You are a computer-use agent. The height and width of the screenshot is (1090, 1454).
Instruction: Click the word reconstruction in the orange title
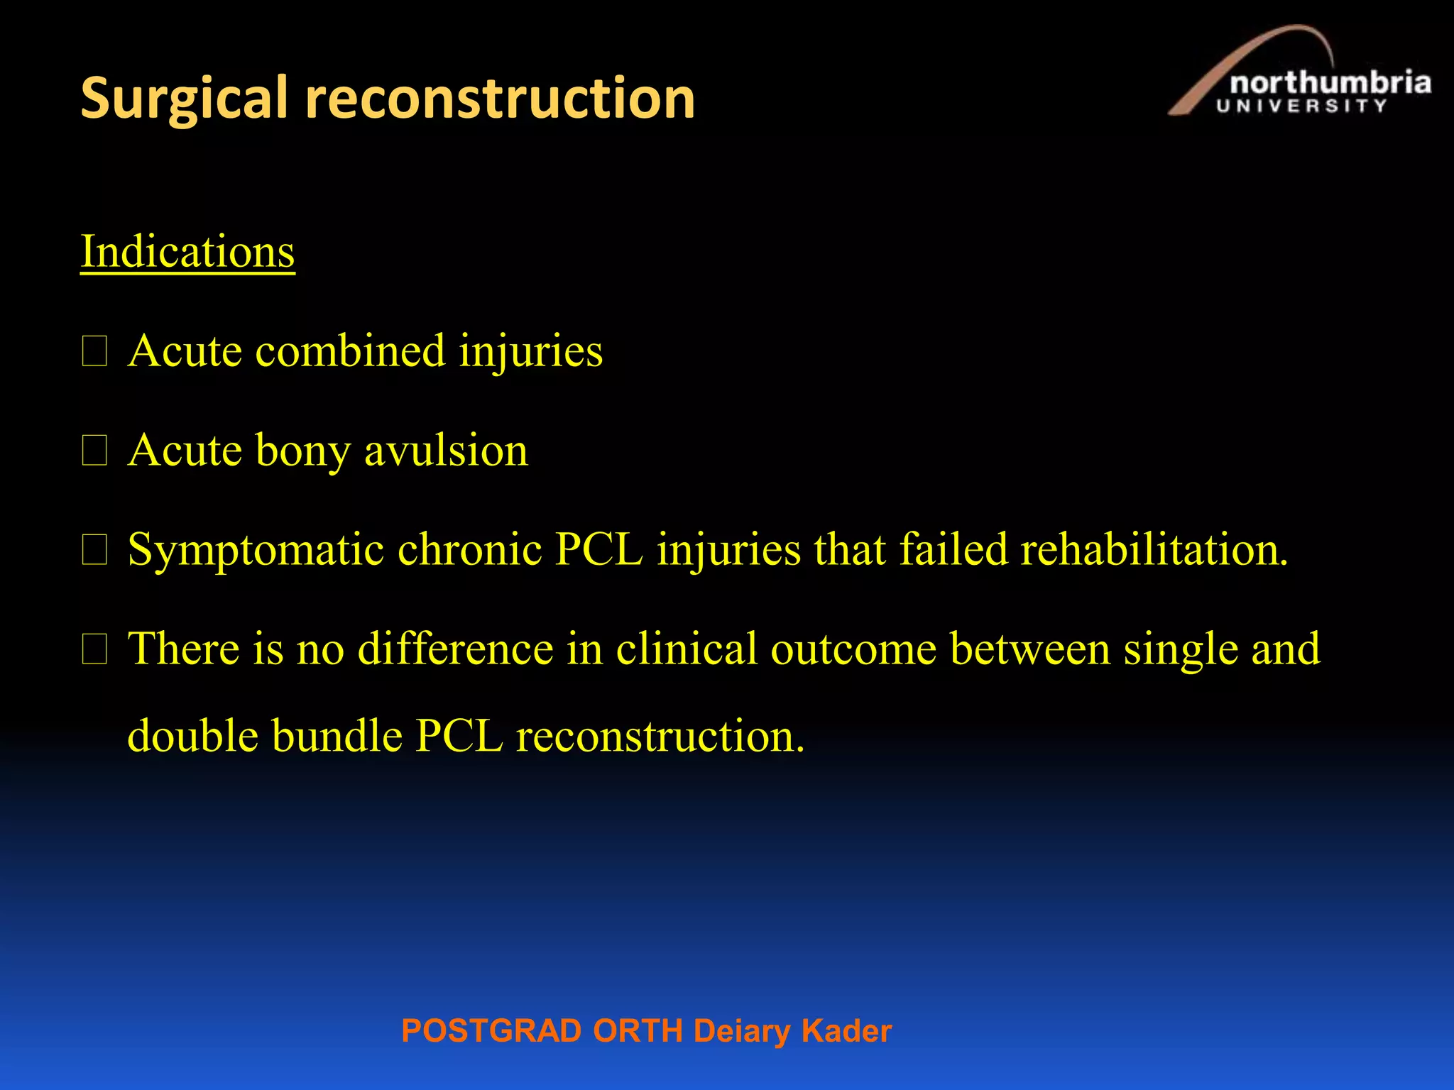pos(500,99)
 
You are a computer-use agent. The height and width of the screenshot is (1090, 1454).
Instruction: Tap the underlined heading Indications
pos(187,251)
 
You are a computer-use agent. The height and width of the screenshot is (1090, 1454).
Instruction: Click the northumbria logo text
pos(1330,84)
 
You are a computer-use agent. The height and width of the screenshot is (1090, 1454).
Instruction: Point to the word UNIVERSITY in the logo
pos(1301,106)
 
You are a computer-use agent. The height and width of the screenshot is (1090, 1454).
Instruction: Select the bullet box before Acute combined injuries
pos(94,351)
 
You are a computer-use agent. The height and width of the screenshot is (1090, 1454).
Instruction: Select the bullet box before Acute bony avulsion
pos(94,451)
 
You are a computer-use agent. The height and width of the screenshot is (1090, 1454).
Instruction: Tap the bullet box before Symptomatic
pos(94,550)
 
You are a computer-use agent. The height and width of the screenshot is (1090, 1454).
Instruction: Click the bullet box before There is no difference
pos(94,649)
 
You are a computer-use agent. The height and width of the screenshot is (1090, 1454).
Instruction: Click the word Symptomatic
pos(256,550)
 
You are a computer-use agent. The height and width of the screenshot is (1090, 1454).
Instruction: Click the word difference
pos(455,649)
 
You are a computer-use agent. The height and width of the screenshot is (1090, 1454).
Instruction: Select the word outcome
pos(853,649)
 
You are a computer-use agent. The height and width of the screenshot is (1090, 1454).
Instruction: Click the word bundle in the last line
pos(337,735)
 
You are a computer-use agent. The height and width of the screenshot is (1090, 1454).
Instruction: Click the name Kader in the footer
pos(846,1030)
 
